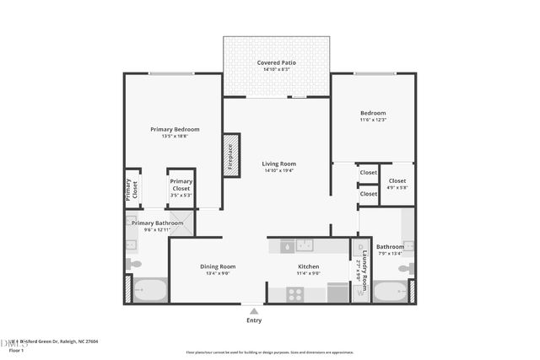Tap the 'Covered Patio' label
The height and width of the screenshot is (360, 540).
[276, 62]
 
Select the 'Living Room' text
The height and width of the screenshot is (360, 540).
[278, 164]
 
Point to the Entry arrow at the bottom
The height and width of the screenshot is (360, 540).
[254, 310]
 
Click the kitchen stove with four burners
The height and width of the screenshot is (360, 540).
[295, 293]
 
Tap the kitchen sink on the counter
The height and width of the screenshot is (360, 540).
[287, 245]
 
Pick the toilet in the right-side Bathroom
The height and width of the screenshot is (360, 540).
[406, 268]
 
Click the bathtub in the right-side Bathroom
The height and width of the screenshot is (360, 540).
[390, 291]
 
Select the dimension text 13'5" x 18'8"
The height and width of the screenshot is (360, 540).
[175, 137]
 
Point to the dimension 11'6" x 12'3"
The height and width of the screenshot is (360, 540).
[373, 121]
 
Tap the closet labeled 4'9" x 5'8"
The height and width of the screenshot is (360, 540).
[397, 184]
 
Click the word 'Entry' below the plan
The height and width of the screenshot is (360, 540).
[254, 320]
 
